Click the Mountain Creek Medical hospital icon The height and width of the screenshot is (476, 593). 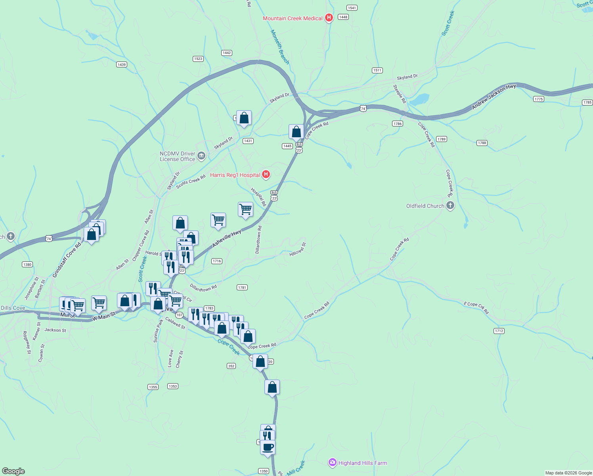pos(329,18)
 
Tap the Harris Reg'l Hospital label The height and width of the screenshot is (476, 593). pos(235,175)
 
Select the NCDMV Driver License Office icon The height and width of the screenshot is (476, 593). pos(201,155)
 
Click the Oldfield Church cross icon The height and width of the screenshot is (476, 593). pos(450,205)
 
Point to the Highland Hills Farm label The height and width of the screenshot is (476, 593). pos(362,463)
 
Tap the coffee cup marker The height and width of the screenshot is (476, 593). pos(268,447)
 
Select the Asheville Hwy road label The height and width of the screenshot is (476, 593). pos(227,239)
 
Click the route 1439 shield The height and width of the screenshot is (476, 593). pos(122,65)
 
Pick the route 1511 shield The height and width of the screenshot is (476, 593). pos(377,70)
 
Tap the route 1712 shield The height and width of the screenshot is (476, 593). pos(499,331)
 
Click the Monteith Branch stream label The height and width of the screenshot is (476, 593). pos(280,47)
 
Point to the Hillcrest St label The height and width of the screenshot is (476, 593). pos(298,249)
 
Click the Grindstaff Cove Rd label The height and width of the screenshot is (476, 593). pos(67,260)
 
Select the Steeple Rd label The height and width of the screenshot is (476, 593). pos(400,94)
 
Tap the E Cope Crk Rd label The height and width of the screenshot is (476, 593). pos(476,308)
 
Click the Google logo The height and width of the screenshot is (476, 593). pos(13,471)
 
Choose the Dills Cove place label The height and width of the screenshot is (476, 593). pos(13,308)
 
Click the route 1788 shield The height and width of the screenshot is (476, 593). pos(482,143)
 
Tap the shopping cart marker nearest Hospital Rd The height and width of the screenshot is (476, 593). pos(245,209)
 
